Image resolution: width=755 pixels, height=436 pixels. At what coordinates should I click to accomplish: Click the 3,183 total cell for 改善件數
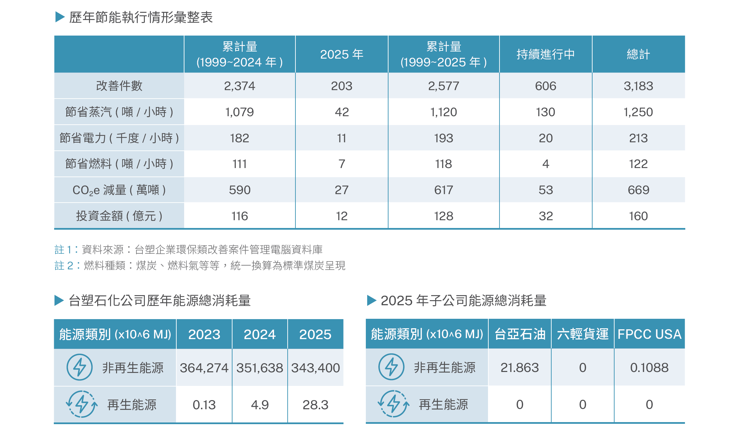638,86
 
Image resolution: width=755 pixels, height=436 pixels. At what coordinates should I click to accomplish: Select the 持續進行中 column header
546,54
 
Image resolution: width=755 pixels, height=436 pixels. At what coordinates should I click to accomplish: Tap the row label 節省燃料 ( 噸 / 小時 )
119,164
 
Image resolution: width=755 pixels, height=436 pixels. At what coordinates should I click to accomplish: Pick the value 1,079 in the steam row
240,112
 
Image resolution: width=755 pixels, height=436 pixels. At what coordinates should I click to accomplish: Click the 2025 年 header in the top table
342,54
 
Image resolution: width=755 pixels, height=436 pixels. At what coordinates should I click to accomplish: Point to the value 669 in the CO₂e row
638,190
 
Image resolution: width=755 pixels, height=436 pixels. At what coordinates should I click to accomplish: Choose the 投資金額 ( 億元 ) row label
119,216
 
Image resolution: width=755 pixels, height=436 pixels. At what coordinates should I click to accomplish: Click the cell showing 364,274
204,368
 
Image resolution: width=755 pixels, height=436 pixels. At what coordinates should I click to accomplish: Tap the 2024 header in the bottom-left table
260,334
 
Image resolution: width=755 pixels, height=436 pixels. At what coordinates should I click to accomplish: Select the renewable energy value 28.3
315,405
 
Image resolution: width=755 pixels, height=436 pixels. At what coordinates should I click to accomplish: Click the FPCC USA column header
649,334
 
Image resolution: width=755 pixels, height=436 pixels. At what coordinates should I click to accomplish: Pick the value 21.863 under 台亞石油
519,368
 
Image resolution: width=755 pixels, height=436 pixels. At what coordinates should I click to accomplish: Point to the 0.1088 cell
649,368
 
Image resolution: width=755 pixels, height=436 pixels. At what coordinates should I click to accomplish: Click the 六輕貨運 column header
582,334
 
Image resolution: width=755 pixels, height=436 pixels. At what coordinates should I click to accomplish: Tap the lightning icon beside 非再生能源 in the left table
80,367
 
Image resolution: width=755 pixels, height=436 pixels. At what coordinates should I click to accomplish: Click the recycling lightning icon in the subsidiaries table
393,404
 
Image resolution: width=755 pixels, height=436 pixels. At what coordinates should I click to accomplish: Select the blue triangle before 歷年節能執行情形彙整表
60,17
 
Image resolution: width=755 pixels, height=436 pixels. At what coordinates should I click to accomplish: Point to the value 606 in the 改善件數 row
546,86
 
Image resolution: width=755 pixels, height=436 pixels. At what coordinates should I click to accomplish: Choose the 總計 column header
638,54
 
